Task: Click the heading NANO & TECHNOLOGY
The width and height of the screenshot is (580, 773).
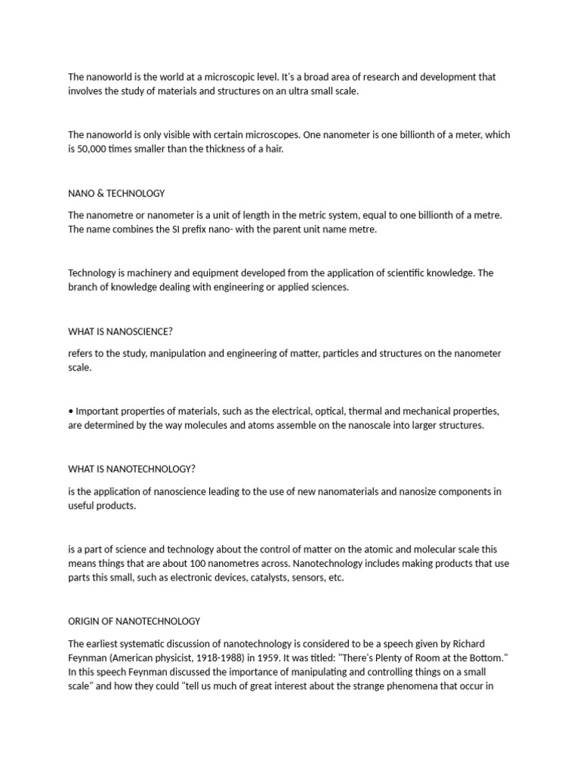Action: (116, 193)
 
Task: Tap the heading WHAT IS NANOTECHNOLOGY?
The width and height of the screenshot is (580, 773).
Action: (131, 469)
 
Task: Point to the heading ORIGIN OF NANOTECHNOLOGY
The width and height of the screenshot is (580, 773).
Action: (134, 621)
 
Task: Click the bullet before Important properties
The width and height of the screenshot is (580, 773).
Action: (70, 411)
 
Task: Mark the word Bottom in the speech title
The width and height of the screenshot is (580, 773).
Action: (483, 658)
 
